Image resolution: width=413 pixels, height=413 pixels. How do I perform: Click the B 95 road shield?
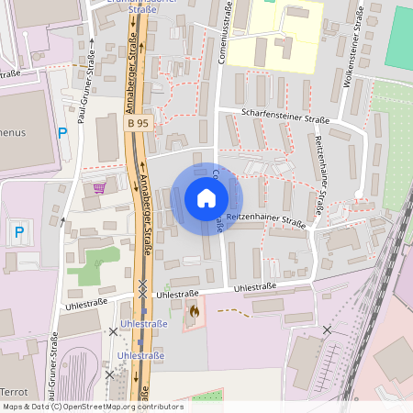tap(138, 122)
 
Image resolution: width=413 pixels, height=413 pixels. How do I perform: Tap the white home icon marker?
tap(206, 198)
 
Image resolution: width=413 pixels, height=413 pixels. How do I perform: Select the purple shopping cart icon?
tap(99, 187)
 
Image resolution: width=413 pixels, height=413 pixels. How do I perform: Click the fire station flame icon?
tap(194, 312)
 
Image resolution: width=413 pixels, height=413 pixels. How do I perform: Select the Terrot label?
tap(14, 392)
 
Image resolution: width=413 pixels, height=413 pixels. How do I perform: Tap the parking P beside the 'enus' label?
tap(62, 133)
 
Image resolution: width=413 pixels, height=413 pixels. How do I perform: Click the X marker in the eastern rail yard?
tap(327, 329)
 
